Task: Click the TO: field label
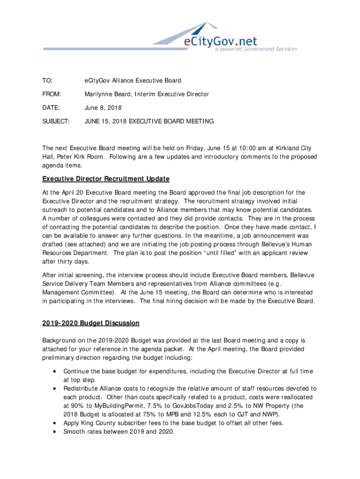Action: [48, 81]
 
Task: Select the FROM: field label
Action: [51, 94]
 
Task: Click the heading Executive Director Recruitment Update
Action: [106, 179]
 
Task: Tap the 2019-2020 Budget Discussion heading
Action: [91, 323]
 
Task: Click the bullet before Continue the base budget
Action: [56, 371]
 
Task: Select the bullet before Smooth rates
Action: [56, 432]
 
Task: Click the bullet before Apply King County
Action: [56, 423]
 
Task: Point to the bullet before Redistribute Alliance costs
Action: [56, 389]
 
